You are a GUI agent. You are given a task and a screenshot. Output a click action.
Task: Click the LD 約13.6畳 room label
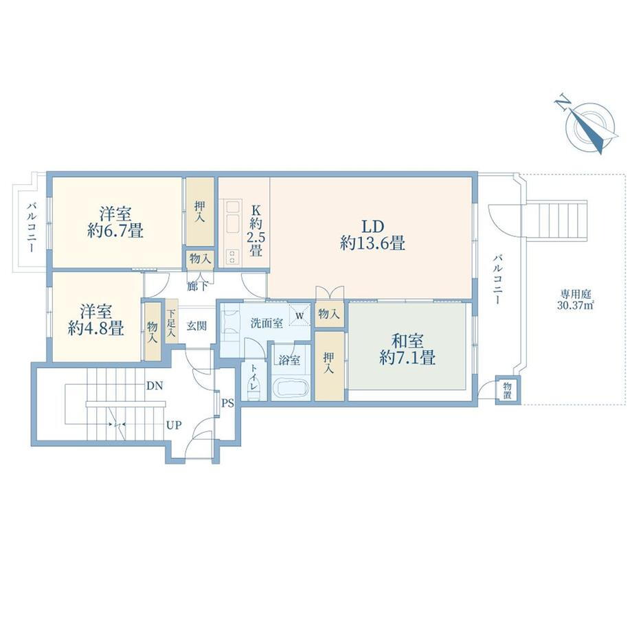pyautogui.click(x=372, y=235)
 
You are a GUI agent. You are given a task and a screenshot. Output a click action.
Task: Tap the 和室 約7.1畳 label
pyautogui.click(x=407, y=350)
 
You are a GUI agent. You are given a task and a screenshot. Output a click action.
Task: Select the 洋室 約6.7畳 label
pyautogui.click(x=115, y=222)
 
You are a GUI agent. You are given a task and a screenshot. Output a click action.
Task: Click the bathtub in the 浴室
pyautogui.click(x=290, y=389)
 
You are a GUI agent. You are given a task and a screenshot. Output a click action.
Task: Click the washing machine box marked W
pyautogui.click(x=300, y=315)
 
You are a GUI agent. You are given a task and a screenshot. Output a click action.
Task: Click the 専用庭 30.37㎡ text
pyautogui.click(x=576, y=299)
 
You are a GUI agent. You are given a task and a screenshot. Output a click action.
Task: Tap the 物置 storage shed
pyautogui.click(x=508, y=390)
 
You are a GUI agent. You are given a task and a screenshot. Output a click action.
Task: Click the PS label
pyautogui.click(x=228, y=403)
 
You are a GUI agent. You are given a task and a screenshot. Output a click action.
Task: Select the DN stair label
pyautogui.click(x=155, y=386)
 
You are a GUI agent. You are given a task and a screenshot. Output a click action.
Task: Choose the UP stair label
pyautogui.click(x=174, y=425)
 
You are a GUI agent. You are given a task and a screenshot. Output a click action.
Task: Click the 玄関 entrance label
pyautogui.click(x=196, y=326)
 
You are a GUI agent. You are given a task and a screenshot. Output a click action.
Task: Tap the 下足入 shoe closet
pyautogui.click(x=172, y=321)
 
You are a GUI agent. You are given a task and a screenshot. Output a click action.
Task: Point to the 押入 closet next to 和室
pyautogui.click(x=329, y=366)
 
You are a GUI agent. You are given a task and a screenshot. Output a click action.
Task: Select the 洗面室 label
pyautogui.click(x=267, y=323)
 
